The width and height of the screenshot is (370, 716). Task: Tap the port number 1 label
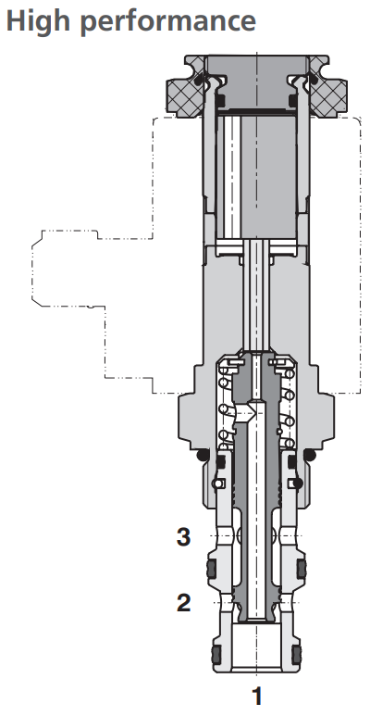pyautogui.click(x=258, y=694)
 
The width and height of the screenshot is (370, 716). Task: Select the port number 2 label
pyautogui.click(x=184, y=603)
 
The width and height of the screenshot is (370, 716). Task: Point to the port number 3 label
pyautogui.click(x=184, y=535)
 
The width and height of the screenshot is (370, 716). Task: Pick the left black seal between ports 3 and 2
pyautogui.click(x=211, y=567)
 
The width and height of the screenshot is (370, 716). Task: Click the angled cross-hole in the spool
pyautogui.click(x=247, y=413)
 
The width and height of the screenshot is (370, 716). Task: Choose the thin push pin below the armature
pyautogui.click(x=257, y=296)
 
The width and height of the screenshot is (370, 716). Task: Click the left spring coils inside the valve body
pyautogui.click(x=222, y=408)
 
